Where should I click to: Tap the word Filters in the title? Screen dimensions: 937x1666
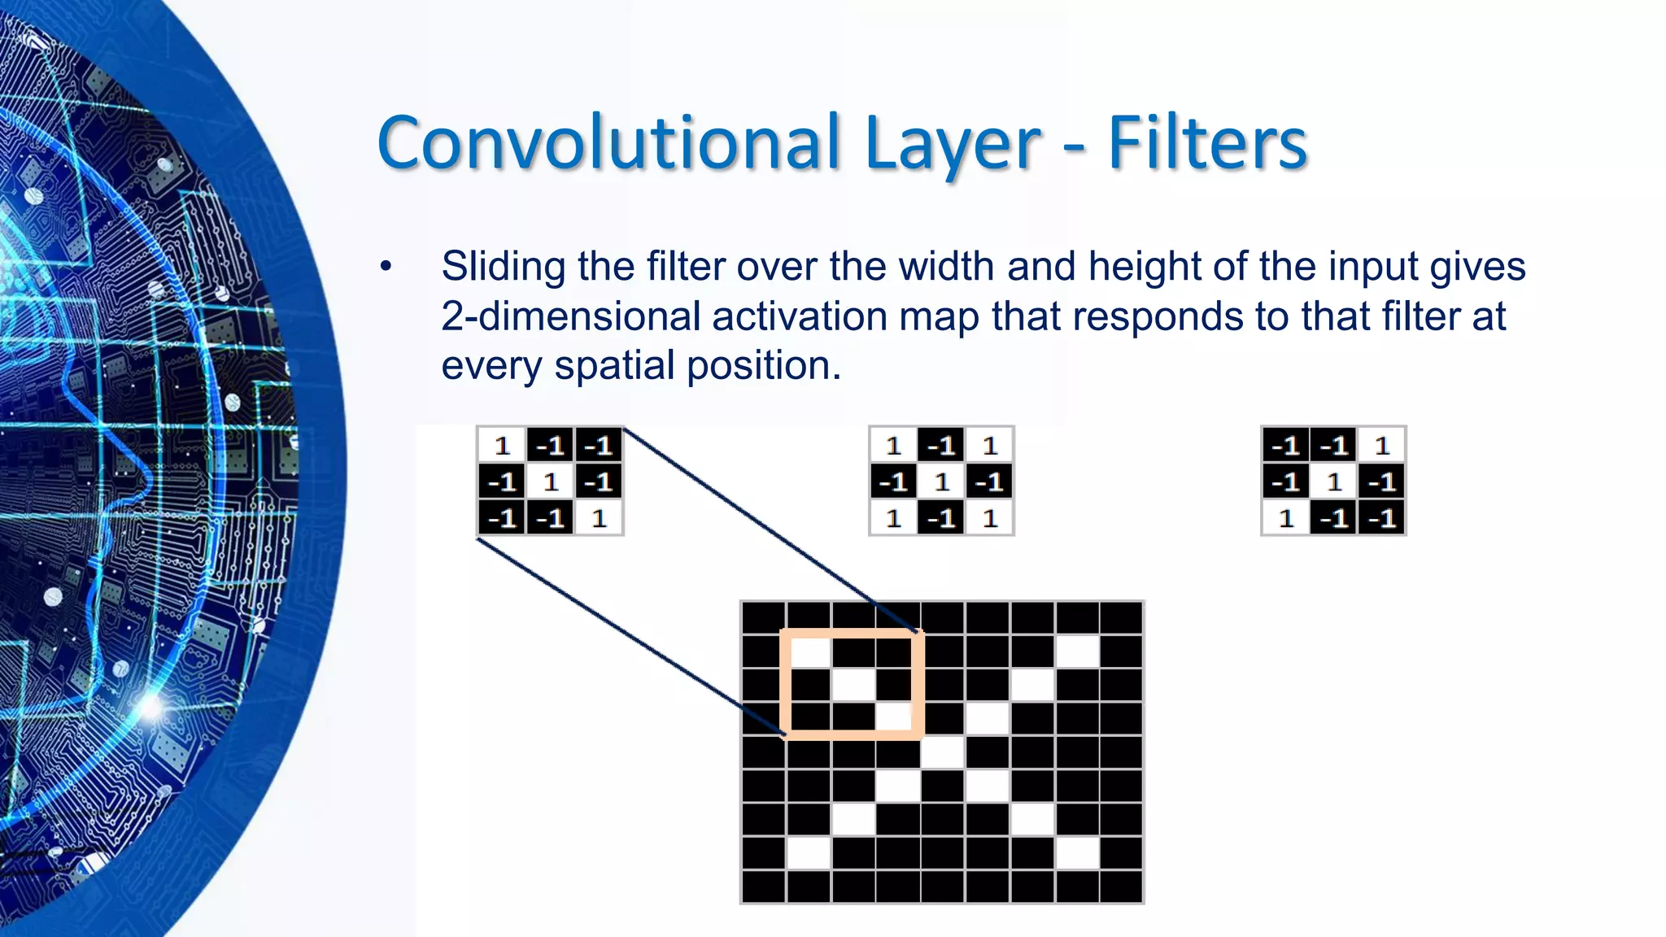1207,144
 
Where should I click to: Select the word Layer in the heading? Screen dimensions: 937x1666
953,144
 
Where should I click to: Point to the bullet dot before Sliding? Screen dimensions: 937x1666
386,267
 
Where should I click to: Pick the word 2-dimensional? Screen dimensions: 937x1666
570,316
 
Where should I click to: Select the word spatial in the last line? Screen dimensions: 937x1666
613,365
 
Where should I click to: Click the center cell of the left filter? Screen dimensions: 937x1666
551,482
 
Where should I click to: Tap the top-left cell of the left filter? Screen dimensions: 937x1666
502,446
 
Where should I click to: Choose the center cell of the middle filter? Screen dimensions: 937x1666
942,482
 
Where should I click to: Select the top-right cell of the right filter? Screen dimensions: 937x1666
1382,446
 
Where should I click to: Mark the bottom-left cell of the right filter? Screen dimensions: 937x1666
1286,518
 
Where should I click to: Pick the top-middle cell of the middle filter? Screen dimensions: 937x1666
942,446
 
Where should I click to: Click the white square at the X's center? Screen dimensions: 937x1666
943,752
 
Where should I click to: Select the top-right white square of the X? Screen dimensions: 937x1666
1077,652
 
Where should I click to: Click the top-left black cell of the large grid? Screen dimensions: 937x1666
764,618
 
